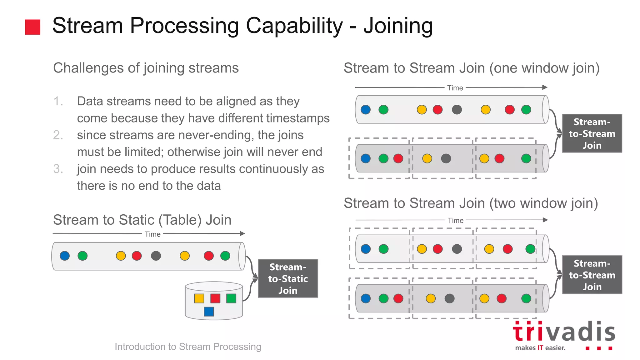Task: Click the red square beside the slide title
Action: [32, 27]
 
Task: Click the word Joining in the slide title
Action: [398, 26]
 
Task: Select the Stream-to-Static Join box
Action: [288, 278]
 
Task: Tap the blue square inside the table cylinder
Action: [209, 312]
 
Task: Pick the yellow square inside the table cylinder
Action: [199, 298]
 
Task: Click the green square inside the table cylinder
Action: [231, 298]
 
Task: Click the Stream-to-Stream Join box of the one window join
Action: [592, 133]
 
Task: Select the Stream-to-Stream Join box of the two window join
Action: [592, 275]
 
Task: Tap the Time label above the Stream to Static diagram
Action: [152, 234]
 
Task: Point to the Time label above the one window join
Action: [455, 88]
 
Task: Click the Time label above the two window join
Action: [455, 221]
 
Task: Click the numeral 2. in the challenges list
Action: [58, 135]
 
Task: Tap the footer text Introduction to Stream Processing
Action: [188, 347]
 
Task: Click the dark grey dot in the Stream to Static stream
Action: [156, 256]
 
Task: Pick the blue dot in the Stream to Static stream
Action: [65, 256]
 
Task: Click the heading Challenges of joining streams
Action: [146, 68]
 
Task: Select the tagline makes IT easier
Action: [540, 348]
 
